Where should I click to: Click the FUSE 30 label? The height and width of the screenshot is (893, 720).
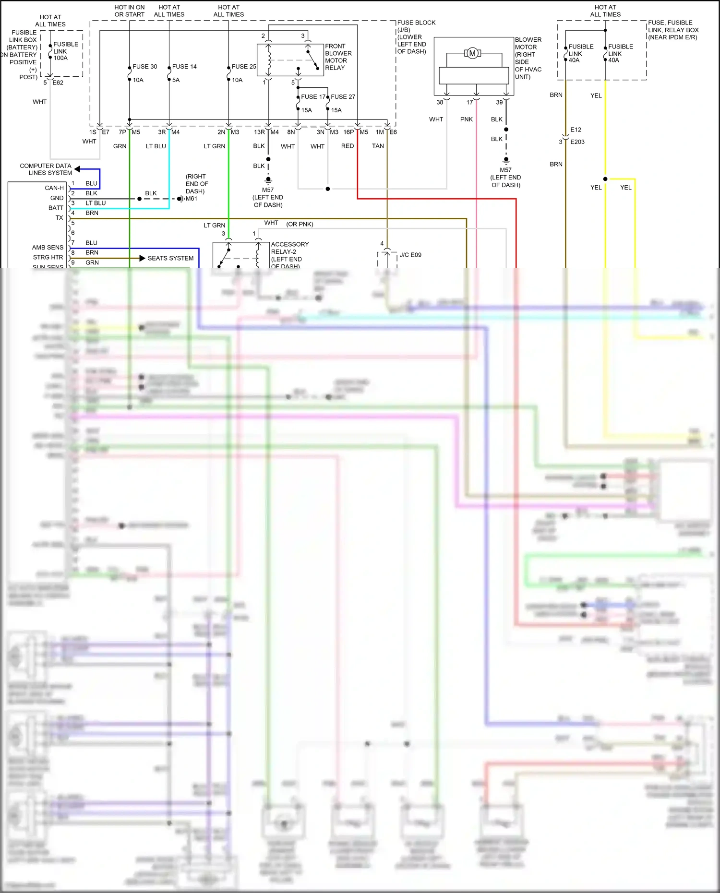(144, 67)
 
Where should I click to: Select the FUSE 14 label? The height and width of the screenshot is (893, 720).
(184, 67)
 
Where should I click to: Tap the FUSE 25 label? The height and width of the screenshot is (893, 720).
(244, 67)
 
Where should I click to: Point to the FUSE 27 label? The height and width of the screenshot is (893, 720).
(343, 97)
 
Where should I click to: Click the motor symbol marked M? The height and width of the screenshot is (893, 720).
(472, 53)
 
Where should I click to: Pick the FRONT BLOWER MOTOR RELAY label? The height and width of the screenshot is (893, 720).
(338, 57)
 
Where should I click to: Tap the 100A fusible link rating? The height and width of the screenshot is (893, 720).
(60, 58)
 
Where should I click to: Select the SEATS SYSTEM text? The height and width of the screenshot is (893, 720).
(170, 258)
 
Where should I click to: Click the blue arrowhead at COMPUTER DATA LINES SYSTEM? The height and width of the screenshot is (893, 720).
(78, 169)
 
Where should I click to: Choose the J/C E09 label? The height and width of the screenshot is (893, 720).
(410, 255)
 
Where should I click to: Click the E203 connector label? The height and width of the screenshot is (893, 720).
(577, 142)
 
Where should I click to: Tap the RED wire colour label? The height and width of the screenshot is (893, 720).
(348, 146)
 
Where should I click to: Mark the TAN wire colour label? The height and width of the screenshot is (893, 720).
(378, 146)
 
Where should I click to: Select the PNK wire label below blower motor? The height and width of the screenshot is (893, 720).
(467, 119)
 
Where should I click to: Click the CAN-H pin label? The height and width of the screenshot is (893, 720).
(54, 188)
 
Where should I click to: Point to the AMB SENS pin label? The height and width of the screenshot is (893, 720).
(48, 248)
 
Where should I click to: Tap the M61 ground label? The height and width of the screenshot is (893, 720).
(192, 199)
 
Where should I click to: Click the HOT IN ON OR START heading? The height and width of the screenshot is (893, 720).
(130, 11)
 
